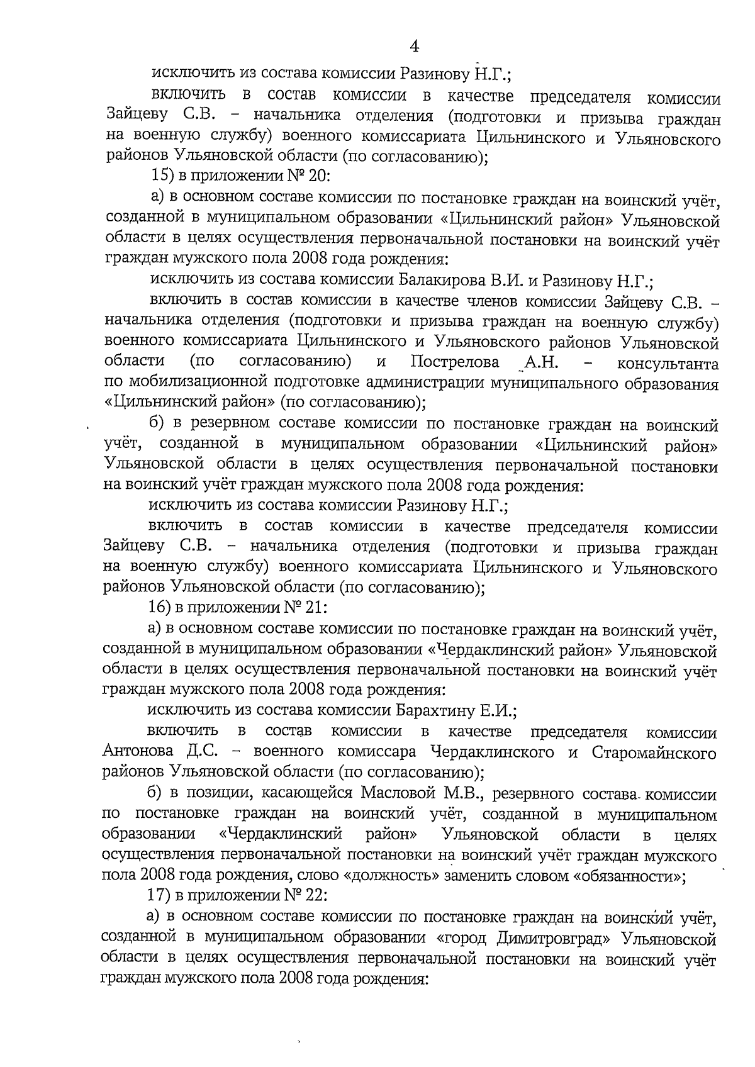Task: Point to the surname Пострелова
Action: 455,363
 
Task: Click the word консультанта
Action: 668,364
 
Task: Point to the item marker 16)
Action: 155,609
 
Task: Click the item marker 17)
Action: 155,896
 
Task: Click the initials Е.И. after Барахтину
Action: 497,711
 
